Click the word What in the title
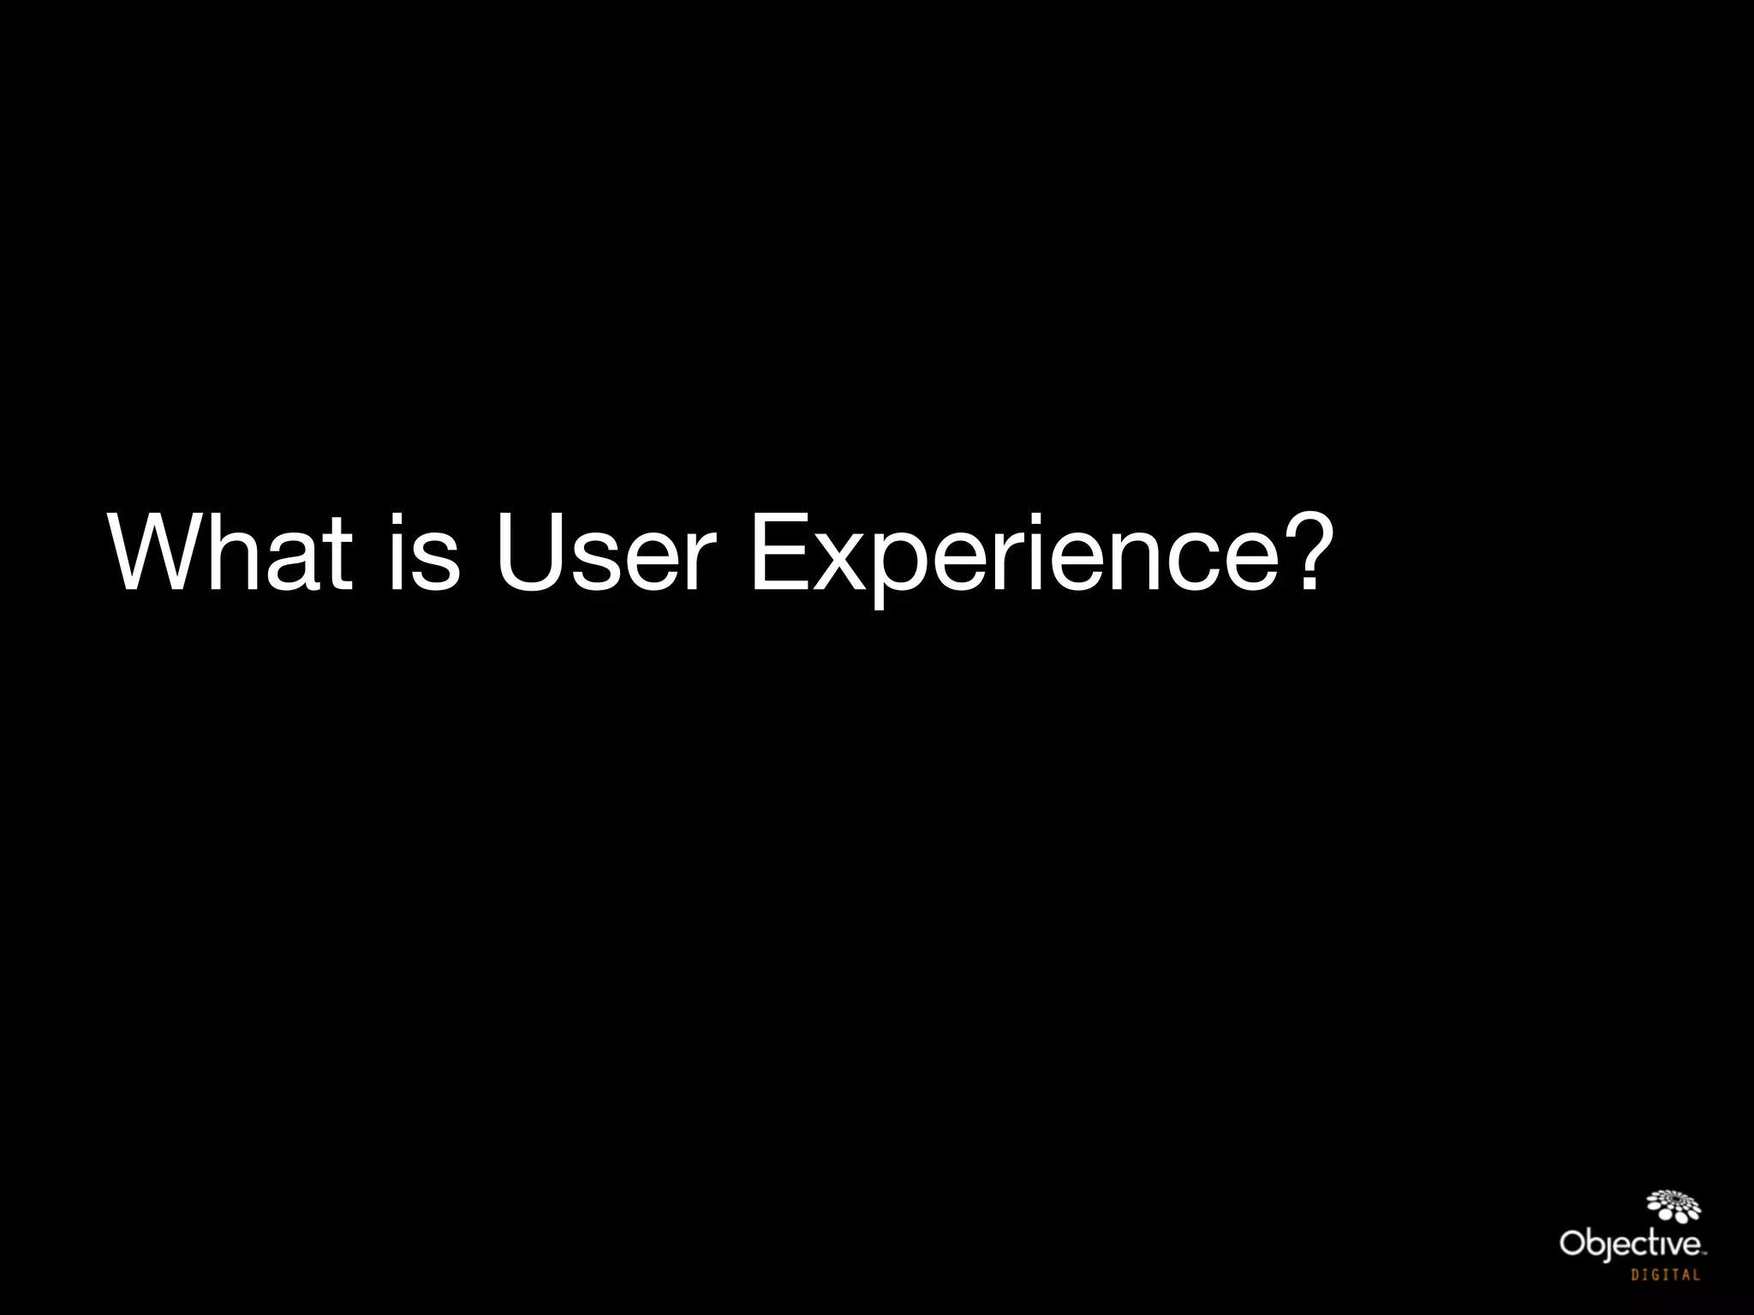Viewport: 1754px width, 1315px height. tap(230, 552)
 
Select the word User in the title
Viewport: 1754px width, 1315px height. tap(604, 552)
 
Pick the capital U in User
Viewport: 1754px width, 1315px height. tap(534, 552)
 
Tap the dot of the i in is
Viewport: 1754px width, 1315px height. tap(397, 521)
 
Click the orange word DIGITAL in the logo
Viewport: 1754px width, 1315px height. tap(1665, 1275)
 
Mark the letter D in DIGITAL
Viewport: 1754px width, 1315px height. tap(1635, 1275)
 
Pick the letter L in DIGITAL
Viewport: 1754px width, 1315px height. tap(1696, 1275)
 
